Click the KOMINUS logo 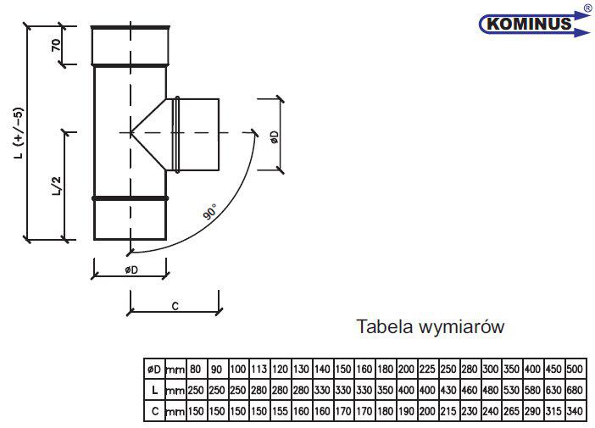coord(535,24)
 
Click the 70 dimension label coord(56,45)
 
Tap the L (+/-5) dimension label coord(19,133)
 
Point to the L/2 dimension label coord(57,186)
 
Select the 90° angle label coord(210,211)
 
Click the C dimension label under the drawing coord(175,306)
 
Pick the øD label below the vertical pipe coord(131,270)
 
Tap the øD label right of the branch coord(274,137)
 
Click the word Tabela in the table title coord(385,326)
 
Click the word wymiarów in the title coord(462,327)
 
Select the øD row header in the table coord(154,369)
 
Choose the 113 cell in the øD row coord(259,369)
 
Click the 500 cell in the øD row coord(575,369)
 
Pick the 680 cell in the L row coord(575,390)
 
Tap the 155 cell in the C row coord(280,411)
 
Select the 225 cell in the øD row coord(427,369)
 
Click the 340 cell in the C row coord(575,411)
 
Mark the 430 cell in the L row coord(448,390)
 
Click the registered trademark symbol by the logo coord(589,8)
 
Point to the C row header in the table coord(155,411)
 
